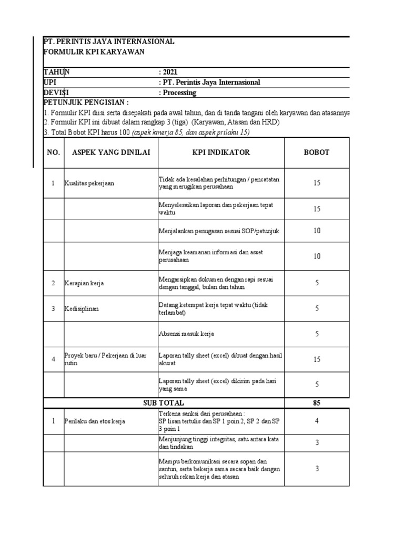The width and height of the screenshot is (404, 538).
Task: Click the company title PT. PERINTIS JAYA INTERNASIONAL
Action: point(109,42)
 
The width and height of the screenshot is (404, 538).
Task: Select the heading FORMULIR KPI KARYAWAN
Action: point(94,51)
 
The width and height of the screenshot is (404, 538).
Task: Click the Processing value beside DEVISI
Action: point(177,92)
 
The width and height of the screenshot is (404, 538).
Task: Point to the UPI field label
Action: point(49,82)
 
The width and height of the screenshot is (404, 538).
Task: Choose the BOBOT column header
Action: point(317,152)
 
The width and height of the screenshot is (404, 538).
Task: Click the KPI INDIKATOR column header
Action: point(221,152)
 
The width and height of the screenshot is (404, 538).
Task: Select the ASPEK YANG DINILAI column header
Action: point(111,152)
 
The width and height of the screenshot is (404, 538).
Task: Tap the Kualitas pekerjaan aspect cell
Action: point(89,183)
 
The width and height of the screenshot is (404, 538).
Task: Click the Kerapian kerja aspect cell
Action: point(84,283)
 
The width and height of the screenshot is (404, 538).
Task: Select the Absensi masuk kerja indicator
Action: point(186,334)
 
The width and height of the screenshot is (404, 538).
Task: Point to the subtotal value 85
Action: point(317,403)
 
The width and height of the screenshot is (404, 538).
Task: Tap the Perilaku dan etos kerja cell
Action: point(95,421)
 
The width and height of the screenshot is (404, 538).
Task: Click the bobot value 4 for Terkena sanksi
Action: point(317,421)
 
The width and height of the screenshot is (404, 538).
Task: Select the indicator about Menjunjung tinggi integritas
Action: point(220,442)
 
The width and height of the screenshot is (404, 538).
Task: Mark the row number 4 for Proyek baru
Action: point(53,359)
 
